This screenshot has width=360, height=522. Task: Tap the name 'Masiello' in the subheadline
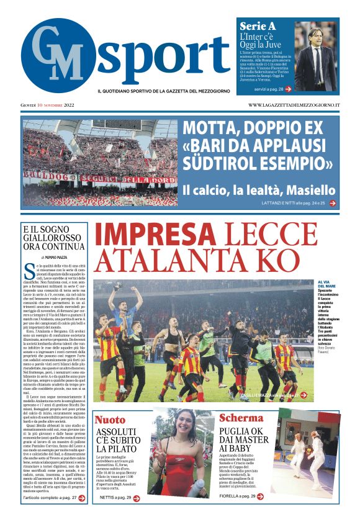tap(308, 190)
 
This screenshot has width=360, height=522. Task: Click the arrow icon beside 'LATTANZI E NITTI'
tap(333, 203)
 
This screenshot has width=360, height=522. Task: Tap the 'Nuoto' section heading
tap(109, 420)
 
